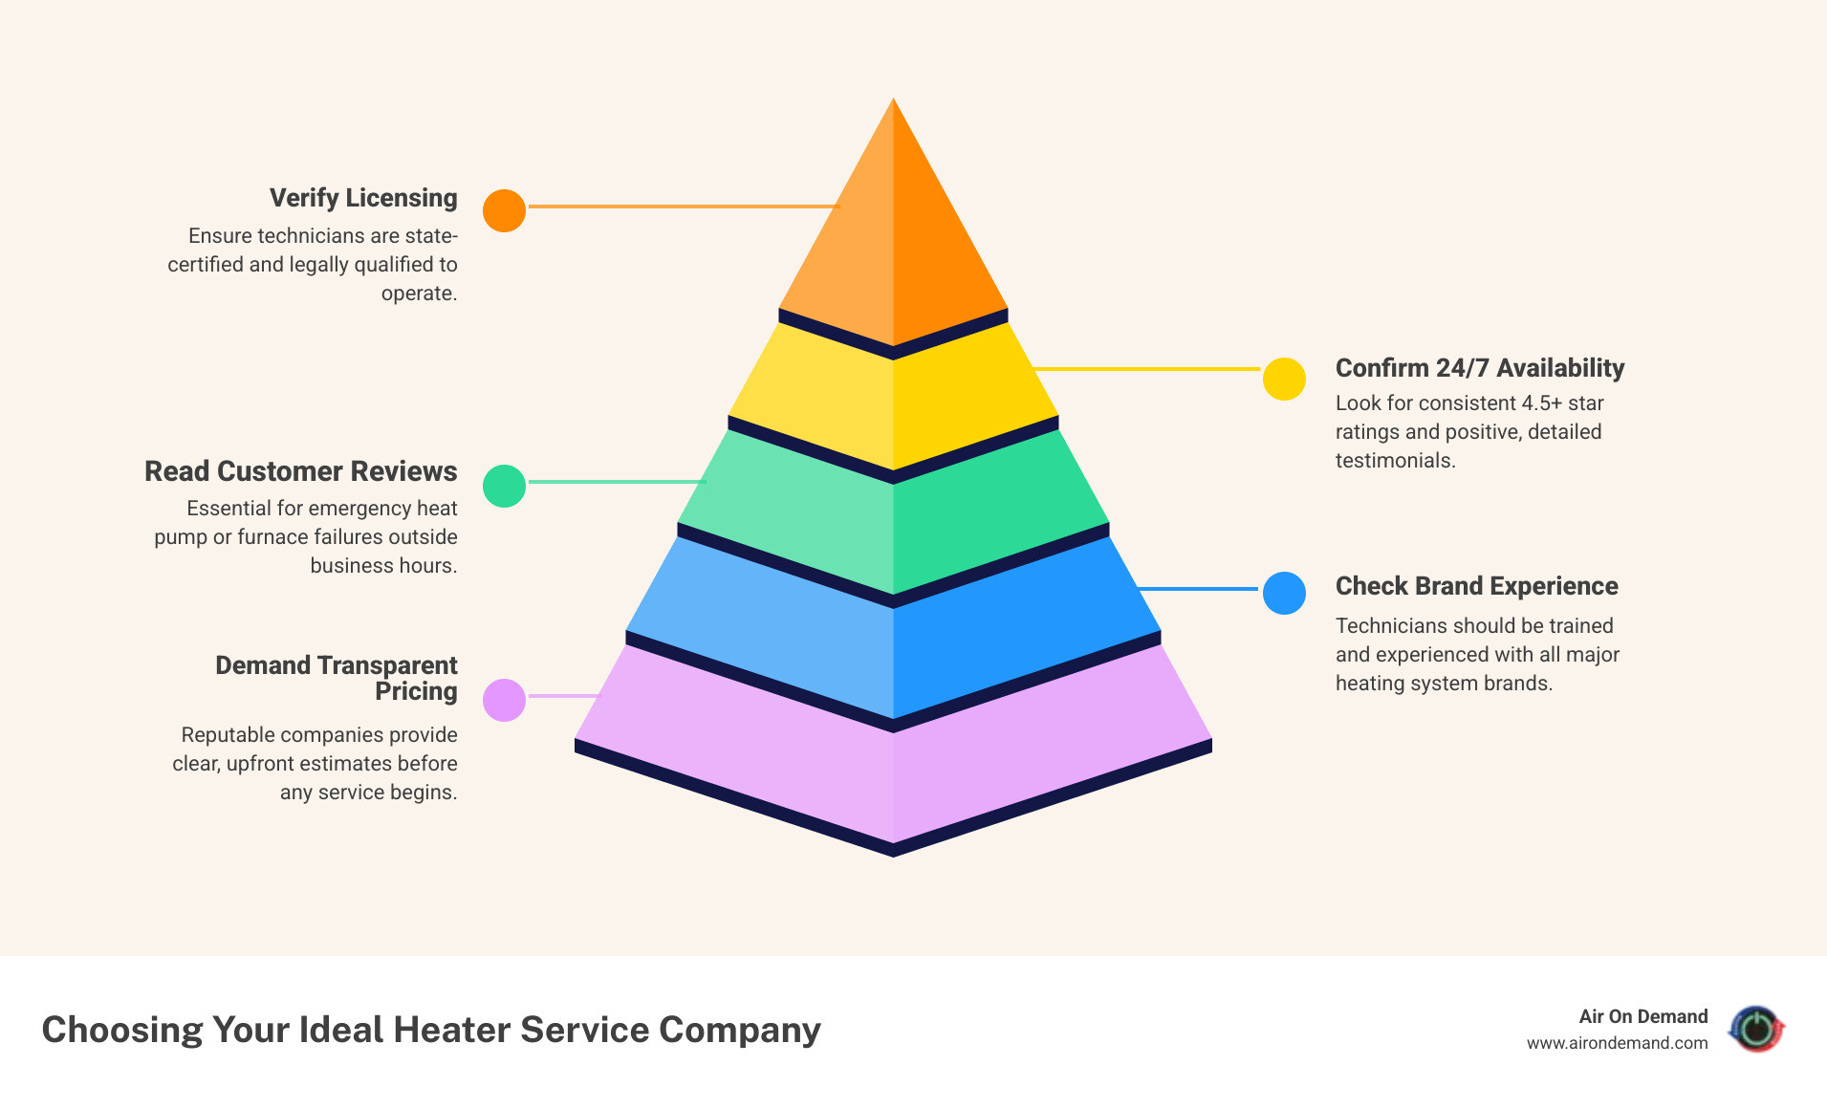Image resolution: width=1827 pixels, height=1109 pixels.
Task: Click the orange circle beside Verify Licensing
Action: pos(504,210)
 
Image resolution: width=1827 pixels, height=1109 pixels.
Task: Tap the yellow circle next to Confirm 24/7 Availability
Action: pos(1284,379)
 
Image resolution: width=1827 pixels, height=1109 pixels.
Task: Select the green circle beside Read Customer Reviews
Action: pos(504,486)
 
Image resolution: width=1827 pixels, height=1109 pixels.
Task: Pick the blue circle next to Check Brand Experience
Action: pos(1284,593)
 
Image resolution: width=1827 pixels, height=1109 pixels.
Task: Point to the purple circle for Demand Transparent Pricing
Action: pos(504,700)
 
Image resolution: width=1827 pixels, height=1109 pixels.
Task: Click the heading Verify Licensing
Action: pos(363,198)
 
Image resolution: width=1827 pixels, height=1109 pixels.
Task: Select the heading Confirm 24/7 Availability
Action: pos(1479,368)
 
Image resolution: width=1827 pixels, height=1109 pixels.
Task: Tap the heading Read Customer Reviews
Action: pos(301,471)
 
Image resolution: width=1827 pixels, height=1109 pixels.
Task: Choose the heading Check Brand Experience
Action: pos(1476,586)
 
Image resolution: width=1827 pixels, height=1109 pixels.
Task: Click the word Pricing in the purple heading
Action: pos(416,691)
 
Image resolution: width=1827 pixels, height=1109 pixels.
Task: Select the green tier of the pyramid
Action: pos(893,516)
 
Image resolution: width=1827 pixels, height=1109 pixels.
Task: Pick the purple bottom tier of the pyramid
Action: pos(893,765)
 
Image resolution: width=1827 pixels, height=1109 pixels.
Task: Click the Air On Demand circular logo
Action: pos(1756,1029)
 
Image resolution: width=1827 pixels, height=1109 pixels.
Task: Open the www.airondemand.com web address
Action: pos(1617,1043)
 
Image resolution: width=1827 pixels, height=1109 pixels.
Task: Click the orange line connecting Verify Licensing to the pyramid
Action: pos(683,206)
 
